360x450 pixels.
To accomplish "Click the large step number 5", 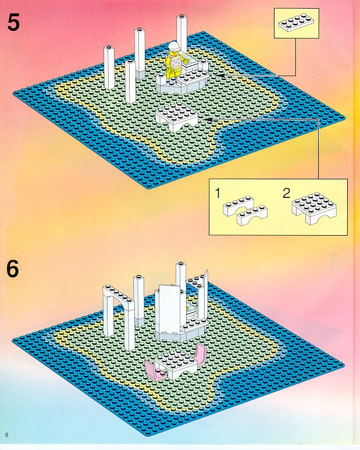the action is click(x=13, y=23).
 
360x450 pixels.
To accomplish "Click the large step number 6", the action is click(x=13, y=268).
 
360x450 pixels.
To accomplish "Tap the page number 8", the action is click(x=6, y=434).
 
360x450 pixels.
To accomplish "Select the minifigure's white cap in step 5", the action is click(x=174, y=45).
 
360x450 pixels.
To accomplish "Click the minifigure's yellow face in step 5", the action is click(x=174, y=53).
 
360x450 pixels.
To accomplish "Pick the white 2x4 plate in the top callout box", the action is click(x=295, y=23).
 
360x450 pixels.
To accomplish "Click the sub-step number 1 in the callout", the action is click(x=218, y=193).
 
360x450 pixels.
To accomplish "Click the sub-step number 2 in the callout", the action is click(x=286, y=193).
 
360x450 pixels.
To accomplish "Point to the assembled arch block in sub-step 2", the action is click(x=314, y=208).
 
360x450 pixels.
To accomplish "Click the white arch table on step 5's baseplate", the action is click(x=177, y=118).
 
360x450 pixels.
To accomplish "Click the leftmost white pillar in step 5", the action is click(x=109, y=68).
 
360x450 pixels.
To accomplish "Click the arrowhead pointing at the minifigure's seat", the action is click(x=219, y=75).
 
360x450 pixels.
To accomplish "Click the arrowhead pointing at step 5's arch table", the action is click(x=208, y=119).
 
